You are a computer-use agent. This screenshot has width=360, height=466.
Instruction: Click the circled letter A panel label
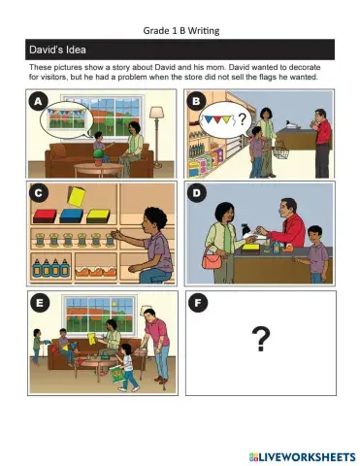tap(39, 102)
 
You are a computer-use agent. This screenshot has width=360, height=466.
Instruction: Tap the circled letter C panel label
tap(39, 193)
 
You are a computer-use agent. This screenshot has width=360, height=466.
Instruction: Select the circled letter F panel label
tap(198, 303)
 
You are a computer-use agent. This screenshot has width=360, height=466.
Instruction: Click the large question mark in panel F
tap(261, 339)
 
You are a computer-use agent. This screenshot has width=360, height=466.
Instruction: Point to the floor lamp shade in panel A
tap(157, 113)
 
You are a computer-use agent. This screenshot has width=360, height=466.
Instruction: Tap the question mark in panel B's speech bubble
tap(243, 119)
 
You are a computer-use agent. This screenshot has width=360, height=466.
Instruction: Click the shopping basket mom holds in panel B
tap(280, 152)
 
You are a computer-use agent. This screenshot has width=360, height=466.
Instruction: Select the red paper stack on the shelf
tap(45, 216)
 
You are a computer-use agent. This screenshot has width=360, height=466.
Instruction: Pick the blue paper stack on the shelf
tap(72, 216)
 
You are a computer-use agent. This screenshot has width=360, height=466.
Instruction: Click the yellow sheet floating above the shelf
tap(77, 197)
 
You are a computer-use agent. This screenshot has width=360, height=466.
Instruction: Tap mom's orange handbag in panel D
tap(213, 262)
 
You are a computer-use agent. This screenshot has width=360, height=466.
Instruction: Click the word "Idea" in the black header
tap(76, 50)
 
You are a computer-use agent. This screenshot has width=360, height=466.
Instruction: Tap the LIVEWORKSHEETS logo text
tap(303, 457)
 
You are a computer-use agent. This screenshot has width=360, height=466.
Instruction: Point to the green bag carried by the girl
tap(116, 375)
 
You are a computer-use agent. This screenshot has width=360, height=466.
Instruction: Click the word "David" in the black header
tap(46, 50)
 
